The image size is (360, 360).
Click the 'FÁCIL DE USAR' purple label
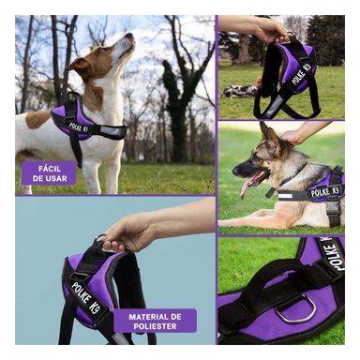pyautogui.click(x=49, y=172)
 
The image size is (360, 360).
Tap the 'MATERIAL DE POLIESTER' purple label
pyautogui.click(x=155, y=321)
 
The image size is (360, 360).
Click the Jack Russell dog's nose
pyautogui.click(x=131, y=36)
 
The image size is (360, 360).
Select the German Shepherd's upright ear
pyautogui.click(x=270, y=132)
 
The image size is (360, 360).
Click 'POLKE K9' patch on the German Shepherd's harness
pyautogui.click(x=324, y=191)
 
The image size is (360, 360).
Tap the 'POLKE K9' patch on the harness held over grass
pyautogui.click(x=300, y=72)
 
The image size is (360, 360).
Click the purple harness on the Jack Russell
pyautogui.click(x=70, y=119)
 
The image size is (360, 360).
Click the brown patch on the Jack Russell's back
pyautogui.click(x=37, y=119)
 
